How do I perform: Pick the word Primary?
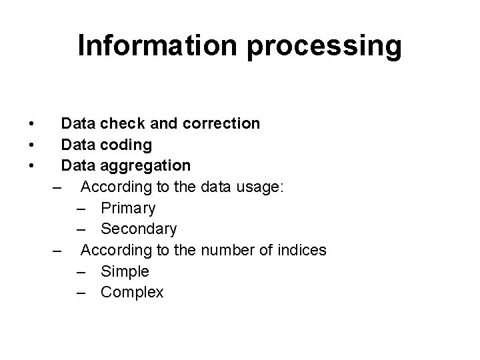click(x=128, y=209)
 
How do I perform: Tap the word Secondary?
click(x=139, y=229)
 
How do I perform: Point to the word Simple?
click(x=125, y=271)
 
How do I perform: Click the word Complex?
click(x=132, y=293)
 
